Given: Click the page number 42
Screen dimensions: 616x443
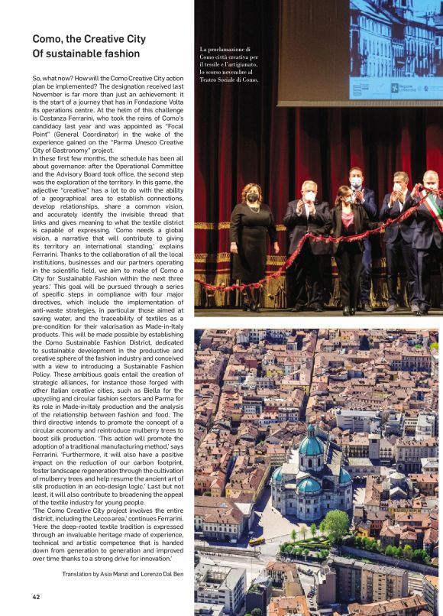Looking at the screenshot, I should click(36, 597).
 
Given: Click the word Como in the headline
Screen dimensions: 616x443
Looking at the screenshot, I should click(47, 39).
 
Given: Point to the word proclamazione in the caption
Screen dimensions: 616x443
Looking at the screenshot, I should click(228, 49).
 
